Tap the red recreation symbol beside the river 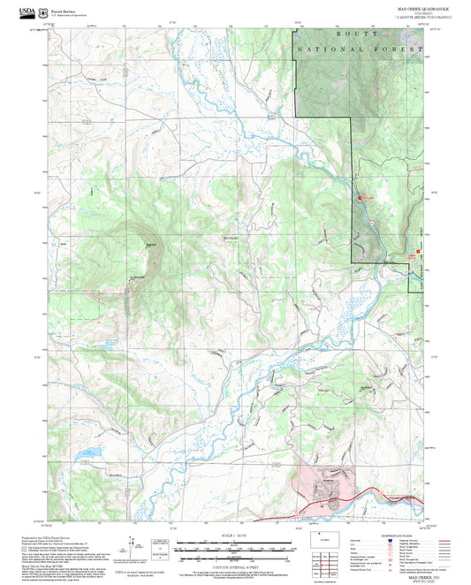tap(360, 198)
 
